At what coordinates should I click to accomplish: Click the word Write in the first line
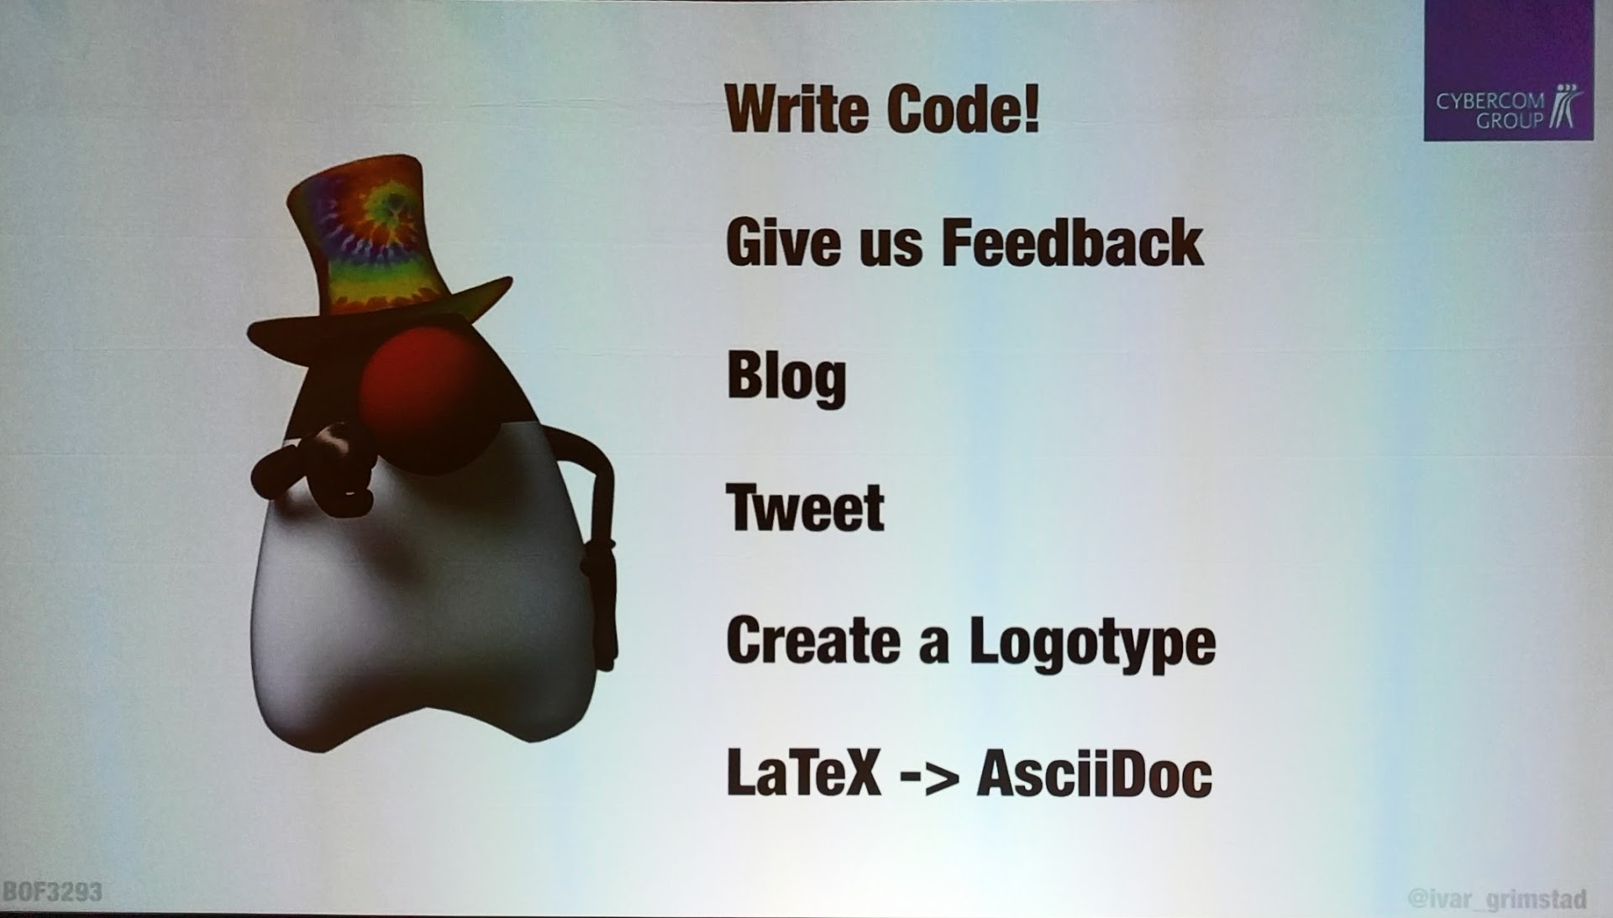point(796,109)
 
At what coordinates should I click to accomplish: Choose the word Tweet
point(805,508)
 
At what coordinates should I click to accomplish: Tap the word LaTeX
point(803,774)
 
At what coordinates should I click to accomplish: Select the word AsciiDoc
point(1095,774)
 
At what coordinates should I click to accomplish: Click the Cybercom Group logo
point(1508,71)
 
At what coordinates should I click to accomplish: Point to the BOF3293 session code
point(52,891)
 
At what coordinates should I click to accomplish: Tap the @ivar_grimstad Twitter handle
point(1497,899)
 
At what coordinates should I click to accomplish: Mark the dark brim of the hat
point(378,323)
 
